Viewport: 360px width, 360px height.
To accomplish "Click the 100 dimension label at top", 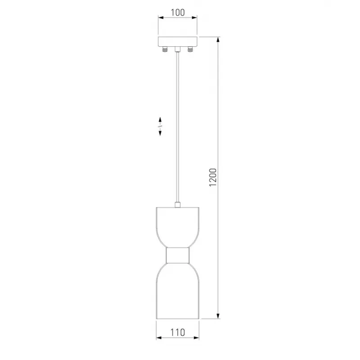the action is pyautogui.click(x=178, y=13).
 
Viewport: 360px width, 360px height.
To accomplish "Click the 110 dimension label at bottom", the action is pyautogui.click(x=177, y=332).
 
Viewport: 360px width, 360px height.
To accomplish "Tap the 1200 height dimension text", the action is pyautogui.click(x=213, y=177).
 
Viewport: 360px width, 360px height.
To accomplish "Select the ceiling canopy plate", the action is pyautogui.click(x=178, y=41).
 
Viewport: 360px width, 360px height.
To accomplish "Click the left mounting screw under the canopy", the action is pyautogui.click(x=165, y=49).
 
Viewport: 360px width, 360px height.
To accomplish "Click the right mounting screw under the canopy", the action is pyautogui.click(x=190, y=49).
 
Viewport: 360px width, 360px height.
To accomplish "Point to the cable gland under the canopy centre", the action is pyautogui.click(x=177, y=49).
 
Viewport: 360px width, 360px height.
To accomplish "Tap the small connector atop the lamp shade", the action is pyautogui.click(x=177, y=205).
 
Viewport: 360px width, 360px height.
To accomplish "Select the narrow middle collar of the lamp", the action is pyautogui.click(x=177, y=255).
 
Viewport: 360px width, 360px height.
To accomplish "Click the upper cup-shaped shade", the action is pyautogui.click(x=177, y=227).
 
